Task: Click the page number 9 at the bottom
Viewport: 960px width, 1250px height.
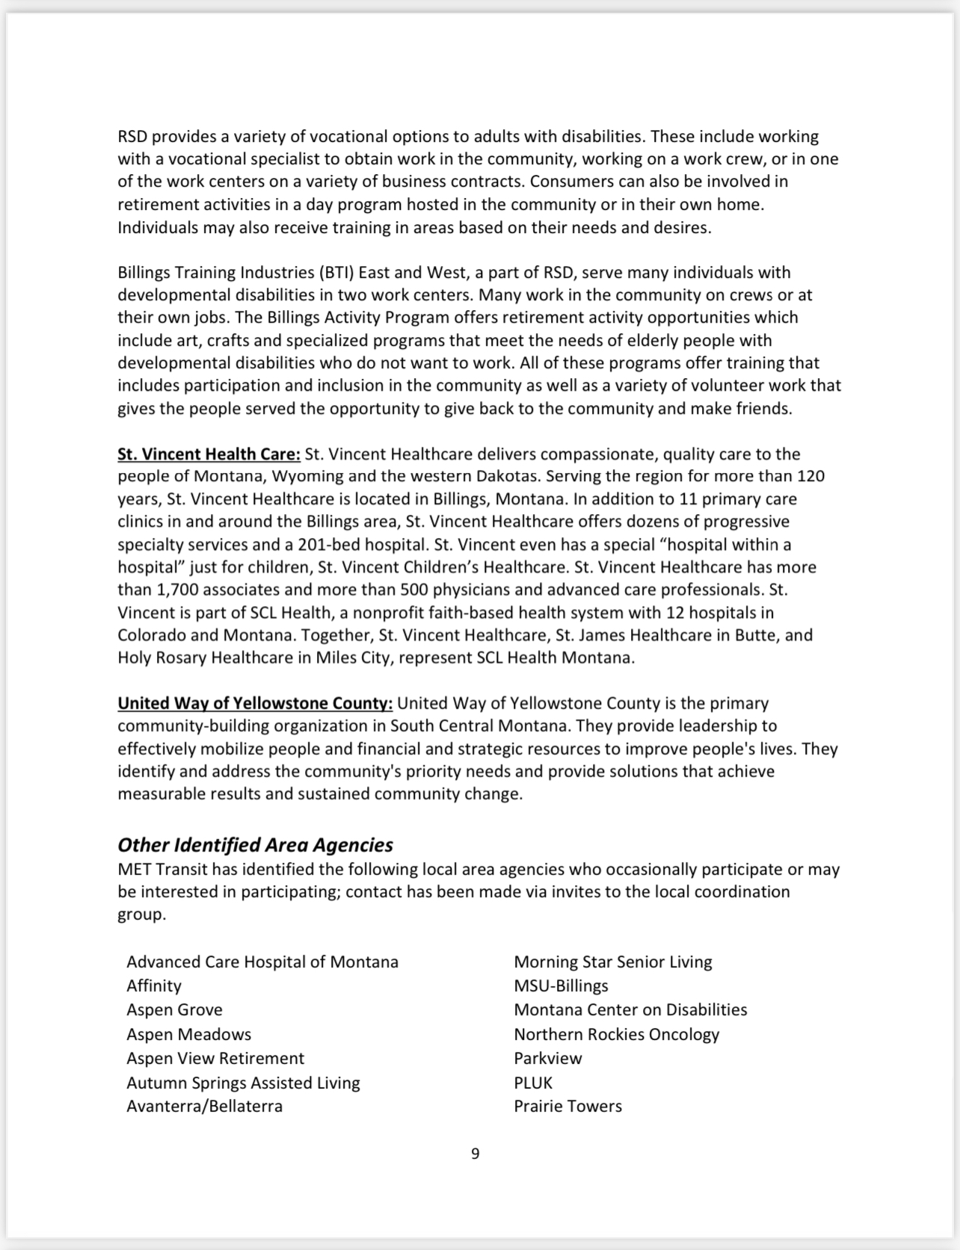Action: point(476,1154)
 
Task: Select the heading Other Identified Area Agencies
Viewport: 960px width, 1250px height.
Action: point(255,845)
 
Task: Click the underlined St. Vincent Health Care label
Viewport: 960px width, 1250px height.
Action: point(209,454)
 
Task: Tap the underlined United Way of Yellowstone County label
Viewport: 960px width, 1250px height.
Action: point(255,703)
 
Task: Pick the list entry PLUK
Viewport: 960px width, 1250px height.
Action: point(533,1083)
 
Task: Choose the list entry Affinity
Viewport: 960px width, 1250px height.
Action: point(154,986)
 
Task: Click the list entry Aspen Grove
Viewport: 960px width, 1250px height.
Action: point(174,1010)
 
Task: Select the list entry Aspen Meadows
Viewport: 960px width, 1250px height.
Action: point(188,1034)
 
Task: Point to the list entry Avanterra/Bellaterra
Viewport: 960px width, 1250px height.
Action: point(204,1106)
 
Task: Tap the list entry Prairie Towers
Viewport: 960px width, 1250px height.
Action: point(567,1106)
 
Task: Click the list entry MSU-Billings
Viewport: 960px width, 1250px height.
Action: point(561,986)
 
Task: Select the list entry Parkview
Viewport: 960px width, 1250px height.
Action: point(547,1058)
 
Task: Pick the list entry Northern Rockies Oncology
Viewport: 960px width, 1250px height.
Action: point(616,1034)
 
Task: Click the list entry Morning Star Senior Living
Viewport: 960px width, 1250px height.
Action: point(613,962)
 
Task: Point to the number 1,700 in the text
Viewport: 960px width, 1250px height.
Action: point(176,590)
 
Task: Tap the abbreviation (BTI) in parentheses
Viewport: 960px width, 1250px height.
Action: point(336,273)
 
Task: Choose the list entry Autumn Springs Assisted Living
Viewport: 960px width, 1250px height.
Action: point(243,1083)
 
